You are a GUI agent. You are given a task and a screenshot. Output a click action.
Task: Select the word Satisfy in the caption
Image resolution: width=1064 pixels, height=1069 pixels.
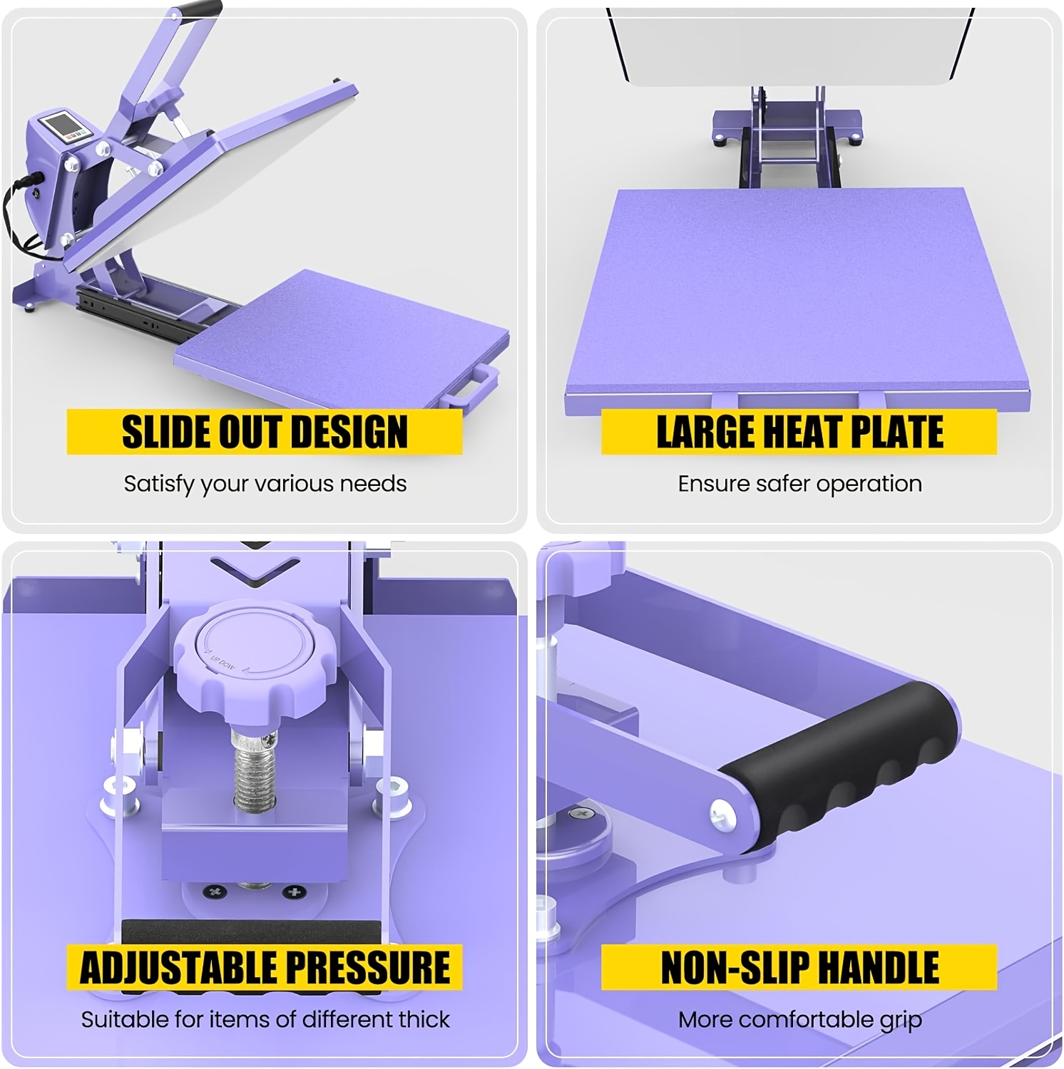159,485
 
